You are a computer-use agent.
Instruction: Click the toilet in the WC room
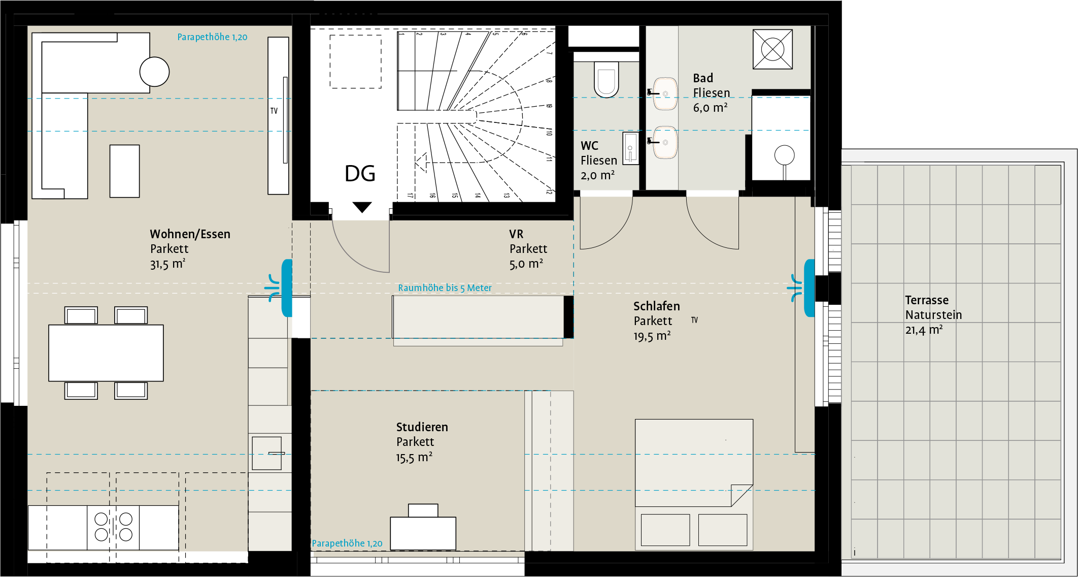tap(606, 80)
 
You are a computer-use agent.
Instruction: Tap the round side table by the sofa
tap(154, 72)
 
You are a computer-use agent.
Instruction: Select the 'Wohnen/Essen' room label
tap(190, 234)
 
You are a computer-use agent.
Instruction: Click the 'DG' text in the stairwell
tap(360, 174)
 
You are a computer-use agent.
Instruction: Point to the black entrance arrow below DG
tap(362, 207)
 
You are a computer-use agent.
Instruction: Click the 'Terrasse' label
tap(927, 300)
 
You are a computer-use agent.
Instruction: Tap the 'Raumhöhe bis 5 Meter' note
tap(445, 288)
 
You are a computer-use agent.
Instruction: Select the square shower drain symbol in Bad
tap(772, 49)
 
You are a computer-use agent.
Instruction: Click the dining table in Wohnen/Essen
tap(106, 353)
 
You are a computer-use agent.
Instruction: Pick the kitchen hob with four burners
tap(113, 527)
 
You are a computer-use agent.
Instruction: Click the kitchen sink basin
tap(266, 453)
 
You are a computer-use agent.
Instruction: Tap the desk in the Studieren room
tap(423, 533)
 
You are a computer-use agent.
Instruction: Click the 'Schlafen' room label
tap(657, 306)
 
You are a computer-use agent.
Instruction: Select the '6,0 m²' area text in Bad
tap(711, 108)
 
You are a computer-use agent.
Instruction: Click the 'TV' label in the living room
tap(274, 111)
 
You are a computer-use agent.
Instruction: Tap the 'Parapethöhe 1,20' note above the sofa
tap(212, 37)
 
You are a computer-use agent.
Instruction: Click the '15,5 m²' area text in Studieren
tap(414, 458)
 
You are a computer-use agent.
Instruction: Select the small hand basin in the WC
tap(630, 148)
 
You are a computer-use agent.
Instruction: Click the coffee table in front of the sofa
tap(124, 171)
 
